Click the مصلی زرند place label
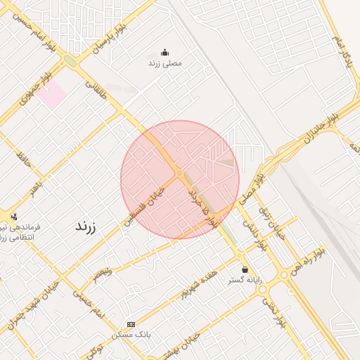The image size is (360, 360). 165,63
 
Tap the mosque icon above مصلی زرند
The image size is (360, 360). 165,51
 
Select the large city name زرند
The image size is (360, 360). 85,227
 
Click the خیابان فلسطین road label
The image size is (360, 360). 148,202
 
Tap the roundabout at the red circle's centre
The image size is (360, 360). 180,172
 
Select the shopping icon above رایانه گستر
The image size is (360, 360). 245,269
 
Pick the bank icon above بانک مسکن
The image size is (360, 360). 131,324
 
